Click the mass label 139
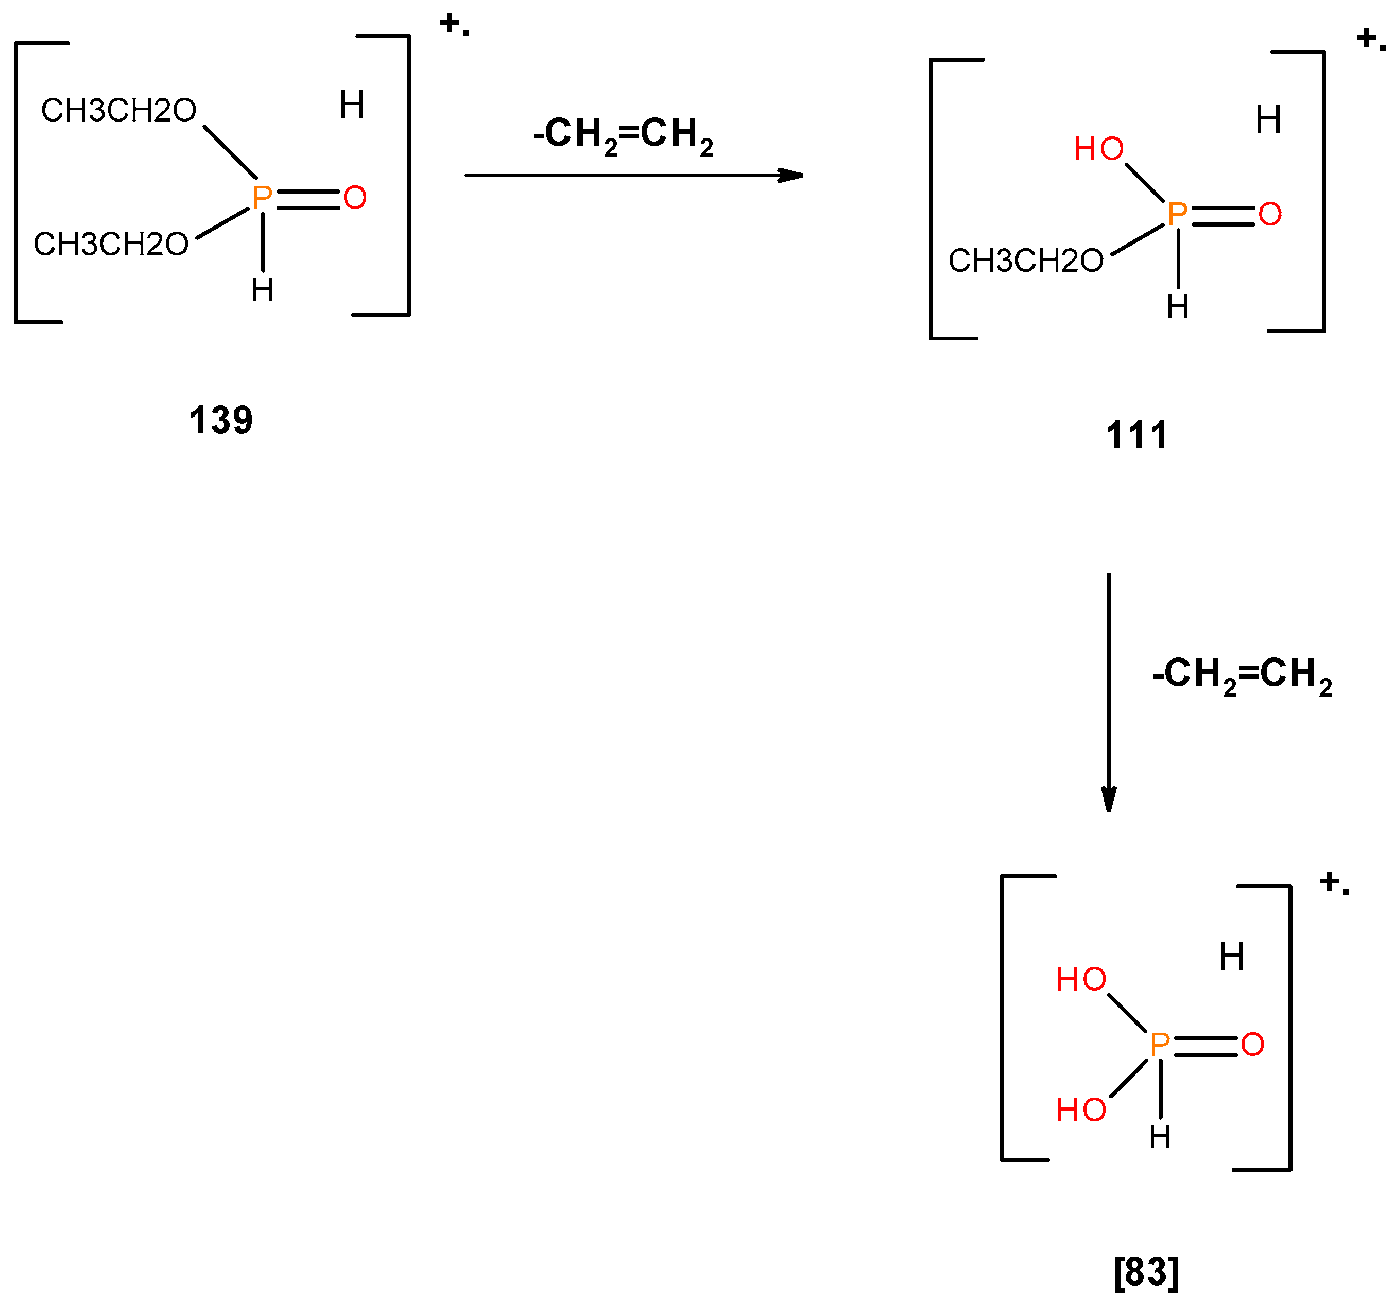pyautogui.click(x=221, y=420)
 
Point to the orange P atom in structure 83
pyautogui.click(x=1160, y=1045)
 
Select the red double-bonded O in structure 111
pyautogui.click(x=1270, y=214)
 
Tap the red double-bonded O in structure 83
pyautogui.click(x=1252, y=1045)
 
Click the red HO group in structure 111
pyautogui.click(x=1099, y=149)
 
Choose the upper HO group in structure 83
pyautogui.click(x=1081, y=980)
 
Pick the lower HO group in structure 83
pyautogui.click(x=1081, y=1110)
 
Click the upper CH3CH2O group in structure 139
pyautogui.click(x=118, y=110)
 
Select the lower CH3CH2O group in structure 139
pyautogui.click(x=111, y=244)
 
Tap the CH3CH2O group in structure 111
pyautogui.click(x=1026, y=261)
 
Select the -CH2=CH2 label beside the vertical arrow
pyautogui.click(x=1243, y=674)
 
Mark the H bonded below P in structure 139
pyautogui.click(x=263, y=290)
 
